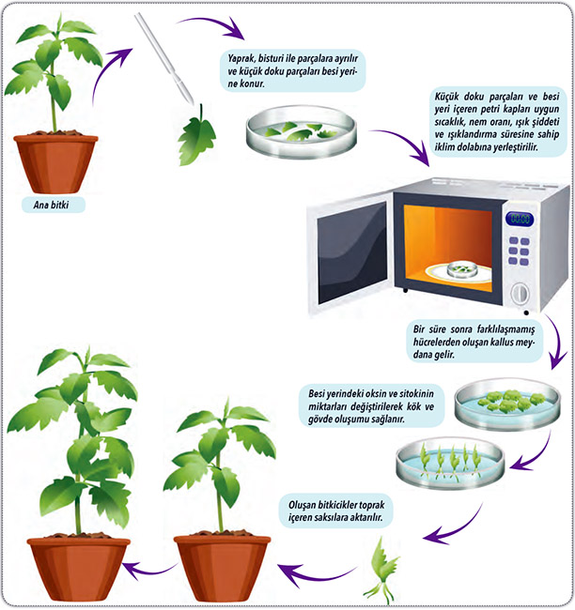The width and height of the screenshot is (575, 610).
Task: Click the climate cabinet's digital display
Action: tap(520, 220)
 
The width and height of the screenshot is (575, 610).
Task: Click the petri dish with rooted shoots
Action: tap(450, 463)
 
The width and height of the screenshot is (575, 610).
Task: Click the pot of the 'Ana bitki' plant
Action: tap(55, 161)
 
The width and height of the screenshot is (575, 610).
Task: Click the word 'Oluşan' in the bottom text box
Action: tap(308, 503)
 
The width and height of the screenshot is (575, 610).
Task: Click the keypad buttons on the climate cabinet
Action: tap(520, 253)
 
